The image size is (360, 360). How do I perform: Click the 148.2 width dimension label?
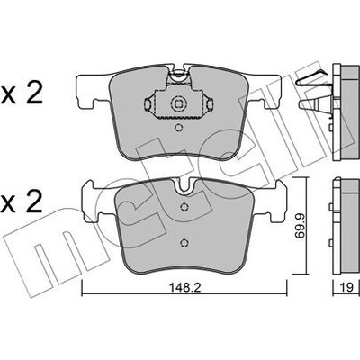click(185, 288)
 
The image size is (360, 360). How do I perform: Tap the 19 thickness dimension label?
click(346, 288)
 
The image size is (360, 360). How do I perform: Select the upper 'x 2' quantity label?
click(22, 94)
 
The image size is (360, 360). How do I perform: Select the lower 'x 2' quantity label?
click(22, 202)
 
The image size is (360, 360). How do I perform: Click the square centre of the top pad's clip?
click(178, 104)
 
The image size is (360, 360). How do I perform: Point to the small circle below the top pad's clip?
click(178, 129)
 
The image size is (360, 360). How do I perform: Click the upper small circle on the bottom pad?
click(184, 207)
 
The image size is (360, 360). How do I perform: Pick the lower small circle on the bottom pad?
click(184, 242)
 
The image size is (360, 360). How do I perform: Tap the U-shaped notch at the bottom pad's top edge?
click(185, 187)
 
